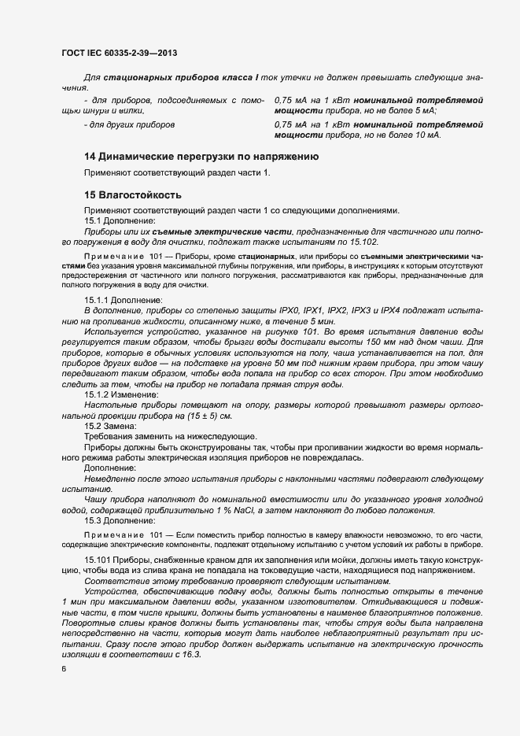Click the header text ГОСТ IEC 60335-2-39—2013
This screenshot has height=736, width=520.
(118, 53)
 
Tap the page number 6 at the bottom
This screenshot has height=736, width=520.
(64, 669)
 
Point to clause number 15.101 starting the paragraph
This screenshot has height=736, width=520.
(98, 559)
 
